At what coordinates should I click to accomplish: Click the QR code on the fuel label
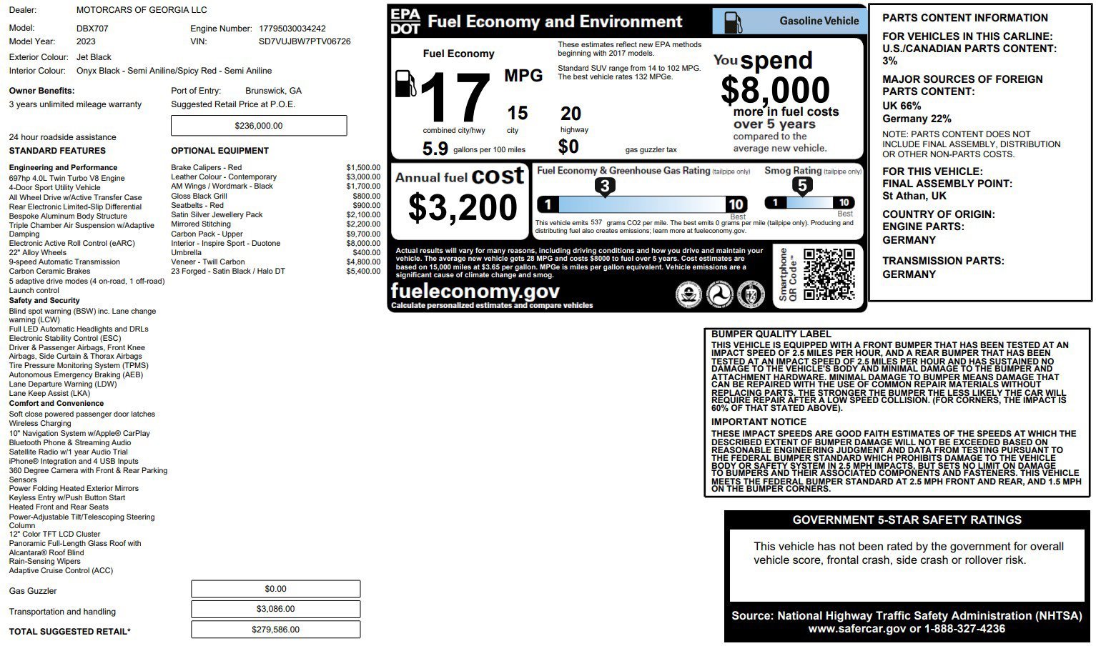(829, 274)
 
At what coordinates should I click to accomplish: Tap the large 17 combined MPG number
(455, 98)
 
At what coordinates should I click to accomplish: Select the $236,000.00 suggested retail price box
(259, 126)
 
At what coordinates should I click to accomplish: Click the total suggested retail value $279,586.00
(275, 630)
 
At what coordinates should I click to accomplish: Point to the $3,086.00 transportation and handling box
(275, 609)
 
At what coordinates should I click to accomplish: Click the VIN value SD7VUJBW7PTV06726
(305, 41)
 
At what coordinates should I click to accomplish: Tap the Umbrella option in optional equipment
(186, 252)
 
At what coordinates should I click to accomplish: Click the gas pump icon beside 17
(405, 84)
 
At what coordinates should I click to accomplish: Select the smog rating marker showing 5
(802, 186)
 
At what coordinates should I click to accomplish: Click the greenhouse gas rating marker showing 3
(605, 187)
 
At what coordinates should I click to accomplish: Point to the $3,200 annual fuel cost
(463, 207)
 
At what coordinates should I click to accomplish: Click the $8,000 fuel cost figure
(775, 90)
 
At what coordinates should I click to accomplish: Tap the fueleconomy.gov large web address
(475, 291)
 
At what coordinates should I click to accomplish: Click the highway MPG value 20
(571, 114)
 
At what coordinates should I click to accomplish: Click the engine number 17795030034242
(292, 29)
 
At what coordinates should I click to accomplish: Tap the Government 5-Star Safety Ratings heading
(907, 520)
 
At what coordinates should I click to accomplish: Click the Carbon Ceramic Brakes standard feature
(49, 271)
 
